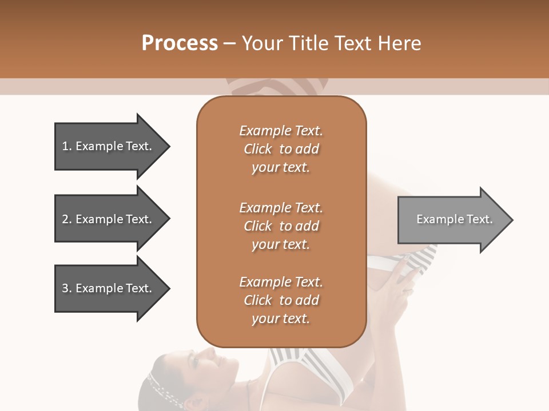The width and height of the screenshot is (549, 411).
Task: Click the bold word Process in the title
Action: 180,43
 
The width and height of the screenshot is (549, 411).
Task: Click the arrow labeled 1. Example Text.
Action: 109,146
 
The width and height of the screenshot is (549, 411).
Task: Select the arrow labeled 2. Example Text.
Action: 109,219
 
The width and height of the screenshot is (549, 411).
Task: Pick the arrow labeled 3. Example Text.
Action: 109,288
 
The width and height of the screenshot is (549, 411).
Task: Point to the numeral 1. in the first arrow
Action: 66,146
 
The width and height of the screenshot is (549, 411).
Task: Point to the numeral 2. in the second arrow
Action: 66,219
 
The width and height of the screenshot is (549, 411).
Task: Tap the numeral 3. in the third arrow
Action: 66,288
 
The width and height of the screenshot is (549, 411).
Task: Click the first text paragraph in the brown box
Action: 281,149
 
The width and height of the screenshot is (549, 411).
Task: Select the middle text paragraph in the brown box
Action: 281,226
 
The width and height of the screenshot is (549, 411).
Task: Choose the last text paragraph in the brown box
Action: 281,300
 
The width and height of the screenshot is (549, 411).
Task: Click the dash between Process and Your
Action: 230,44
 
